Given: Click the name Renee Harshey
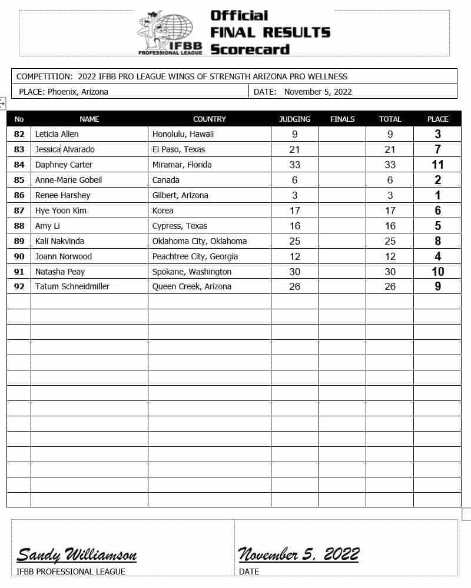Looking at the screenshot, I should pos(62,195).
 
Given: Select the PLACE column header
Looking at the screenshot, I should pos(437,119).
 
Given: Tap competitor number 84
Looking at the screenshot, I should pos(19,165).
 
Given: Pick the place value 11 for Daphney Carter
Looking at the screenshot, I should pos(437,165).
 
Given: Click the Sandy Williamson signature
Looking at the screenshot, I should pos(77,554).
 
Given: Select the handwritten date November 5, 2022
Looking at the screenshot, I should pos(298,554).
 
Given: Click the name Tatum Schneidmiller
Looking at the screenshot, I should pos(72,286).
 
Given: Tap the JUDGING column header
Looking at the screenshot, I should pos(294,119).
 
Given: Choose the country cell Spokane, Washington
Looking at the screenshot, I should pos(192,272).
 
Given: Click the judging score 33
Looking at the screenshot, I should pos(294,165).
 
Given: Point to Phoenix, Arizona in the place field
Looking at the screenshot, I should pos(78,92).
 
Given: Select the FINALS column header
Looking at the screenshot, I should pos(342,119).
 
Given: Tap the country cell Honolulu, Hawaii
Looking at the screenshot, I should pos(183,134).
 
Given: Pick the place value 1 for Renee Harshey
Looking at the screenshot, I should pos(437,195).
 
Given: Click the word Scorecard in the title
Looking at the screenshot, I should pos(250,49).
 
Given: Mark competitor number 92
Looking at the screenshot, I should pos(19,286).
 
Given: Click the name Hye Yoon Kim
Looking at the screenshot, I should pos(61,211).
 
